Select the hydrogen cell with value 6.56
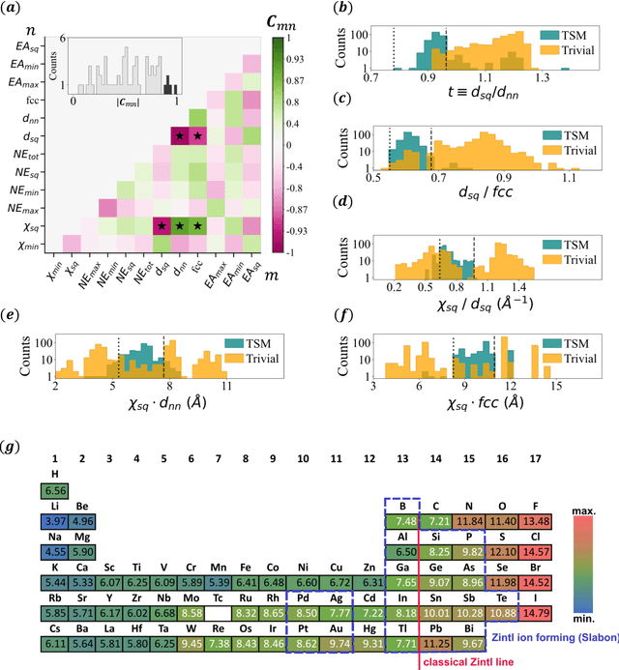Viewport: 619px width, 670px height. click(x=56, y=490)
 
